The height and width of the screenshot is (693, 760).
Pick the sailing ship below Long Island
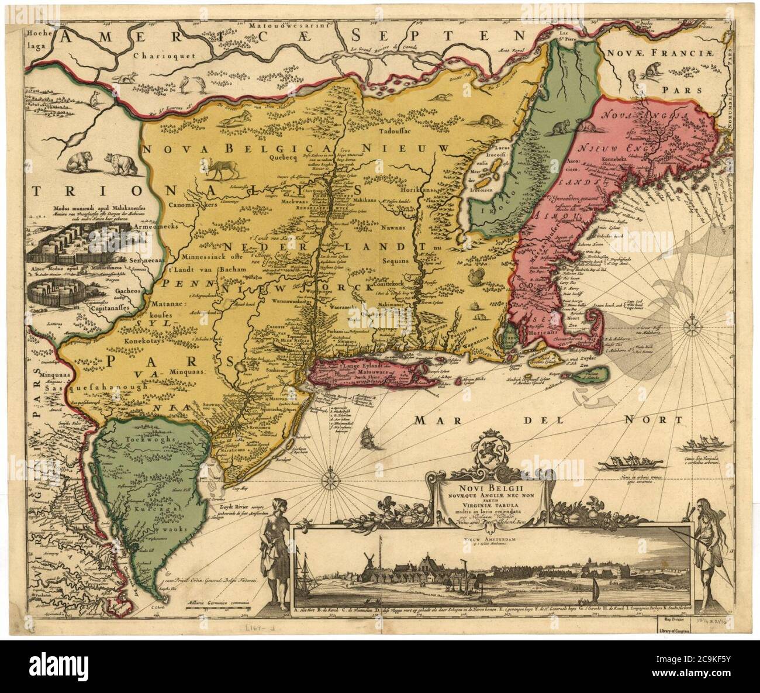click(366, 437)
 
